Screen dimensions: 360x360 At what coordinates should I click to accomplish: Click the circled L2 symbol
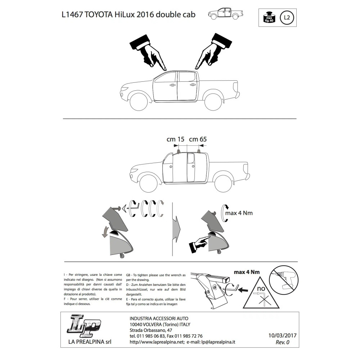tap(287, 17)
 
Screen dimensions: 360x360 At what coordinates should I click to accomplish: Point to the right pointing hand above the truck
tap(212, 51)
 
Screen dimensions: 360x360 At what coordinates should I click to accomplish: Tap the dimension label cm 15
tap(175, 139)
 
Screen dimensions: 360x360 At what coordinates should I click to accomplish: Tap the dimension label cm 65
tap(198, 139)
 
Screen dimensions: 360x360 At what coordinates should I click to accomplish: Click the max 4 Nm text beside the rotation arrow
tap(239, 213)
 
